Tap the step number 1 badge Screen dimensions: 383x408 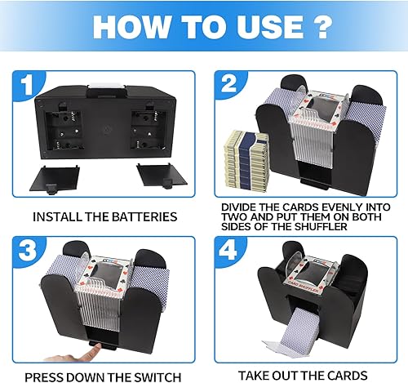click(x=29, y=83)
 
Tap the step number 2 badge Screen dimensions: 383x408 click(x=228, y=85)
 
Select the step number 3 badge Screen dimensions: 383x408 click(x=29, y=254)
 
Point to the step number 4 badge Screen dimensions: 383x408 click(x=229, y=253)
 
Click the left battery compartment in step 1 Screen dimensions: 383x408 click(x=60, y=131)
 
